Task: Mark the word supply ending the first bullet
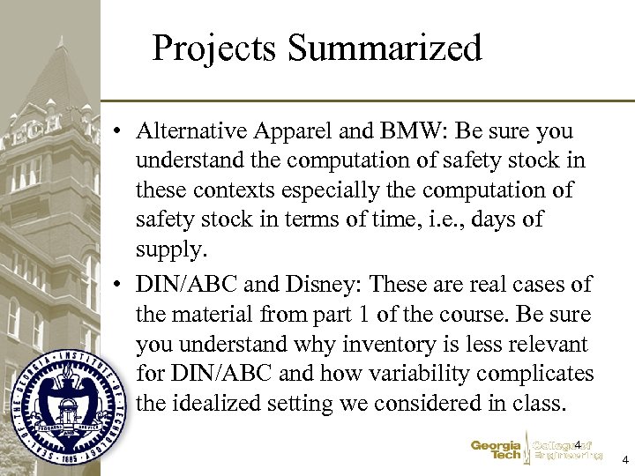169,249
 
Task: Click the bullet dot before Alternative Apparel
117,132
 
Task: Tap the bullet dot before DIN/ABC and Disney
117,286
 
